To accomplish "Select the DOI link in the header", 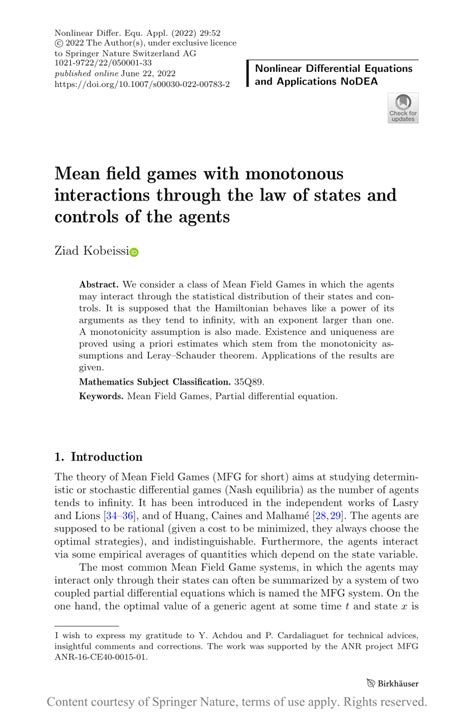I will coord(143,86).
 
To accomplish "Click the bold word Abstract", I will coord(100,285).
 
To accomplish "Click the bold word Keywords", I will coord(102,396).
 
